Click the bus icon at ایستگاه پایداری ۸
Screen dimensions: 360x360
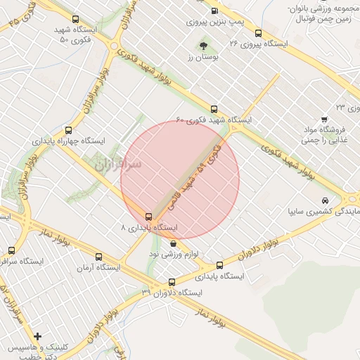pos(148,217)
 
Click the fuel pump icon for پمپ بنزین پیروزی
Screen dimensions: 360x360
pos(214,11)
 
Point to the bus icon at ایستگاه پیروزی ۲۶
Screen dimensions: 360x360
pos(258,33)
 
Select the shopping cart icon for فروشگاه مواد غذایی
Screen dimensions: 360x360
pos(324,119)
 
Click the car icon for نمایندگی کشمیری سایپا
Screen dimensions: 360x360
pos(324,200)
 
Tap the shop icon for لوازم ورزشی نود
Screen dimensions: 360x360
pos(173,243)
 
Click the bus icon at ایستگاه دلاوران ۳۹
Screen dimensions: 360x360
pos(172,282)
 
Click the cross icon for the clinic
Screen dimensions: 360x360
pos(37,336)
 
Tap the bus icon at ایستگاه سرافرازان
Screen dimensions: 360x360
pos(11,250)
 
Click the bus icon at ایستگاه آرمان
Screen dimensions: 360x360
pos(98,257)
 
